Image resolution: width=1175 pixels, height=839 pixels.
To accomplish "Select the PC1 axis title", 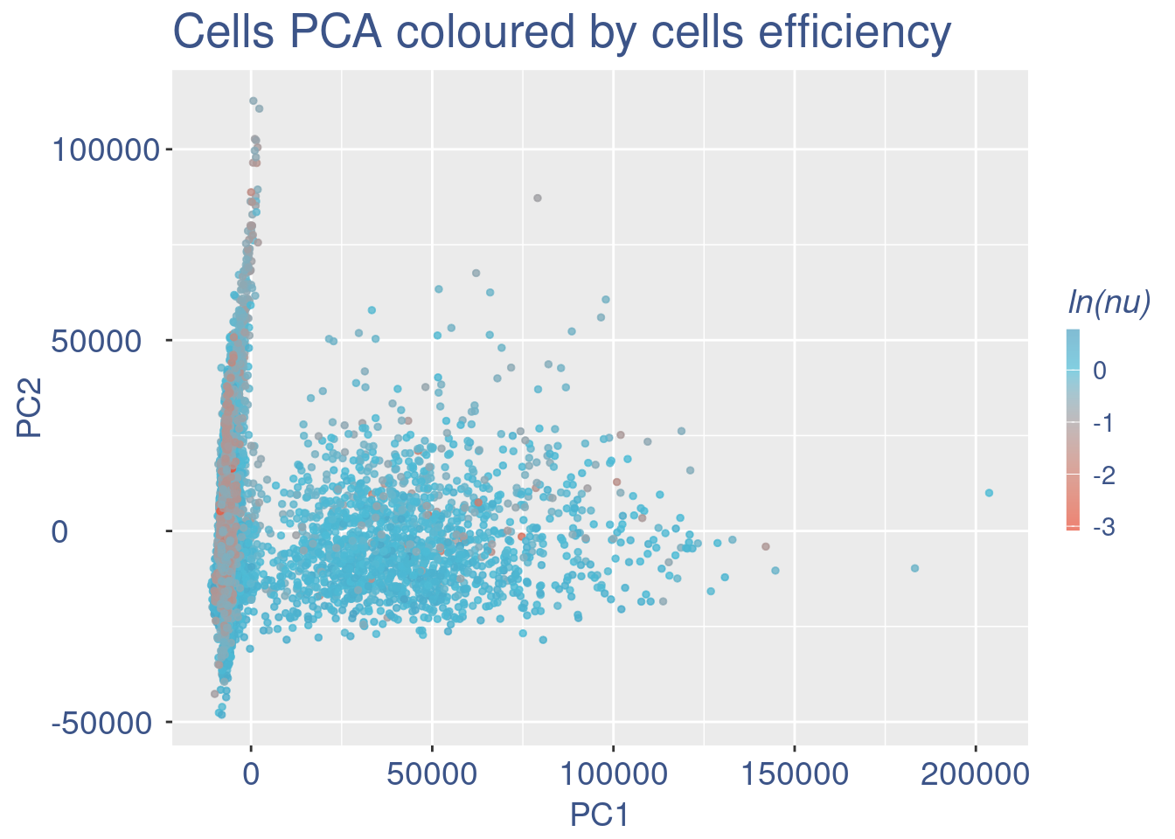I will [599, 815].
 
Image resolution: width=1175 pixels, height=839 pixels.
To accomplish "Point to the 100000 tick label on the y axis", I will [105, 150].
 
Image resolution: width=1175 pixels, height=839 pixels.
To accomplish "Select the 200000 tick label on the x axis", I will [976, 774].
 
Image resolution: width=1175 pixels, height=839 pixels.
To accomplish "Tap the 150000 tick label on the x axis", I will [794, 774].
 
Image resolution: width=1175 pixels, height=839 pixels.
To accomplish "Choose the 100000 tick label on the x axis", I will [613, 774].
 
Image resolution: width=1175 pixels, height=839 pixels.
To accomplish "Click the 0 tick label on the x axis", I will [251, 774].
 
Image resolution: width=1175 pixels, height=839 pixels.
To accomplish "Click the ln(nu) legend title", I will [1109, 302].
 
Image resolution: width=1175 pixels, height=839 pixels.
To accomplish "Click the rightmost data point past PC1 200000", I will [989, 493].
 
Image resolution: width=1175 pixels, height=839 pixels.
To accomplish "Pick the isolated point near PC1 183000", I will [914, 568].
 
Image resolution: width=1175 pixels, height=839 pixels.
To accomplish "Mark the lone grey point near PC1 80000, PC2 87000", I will [538, 198].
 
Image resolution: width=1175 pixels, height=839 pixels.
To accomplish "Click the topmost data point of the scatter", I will [254, 101].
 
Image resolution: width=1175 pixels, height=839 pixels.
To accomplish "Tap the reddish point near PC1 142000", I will [766, 546].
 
